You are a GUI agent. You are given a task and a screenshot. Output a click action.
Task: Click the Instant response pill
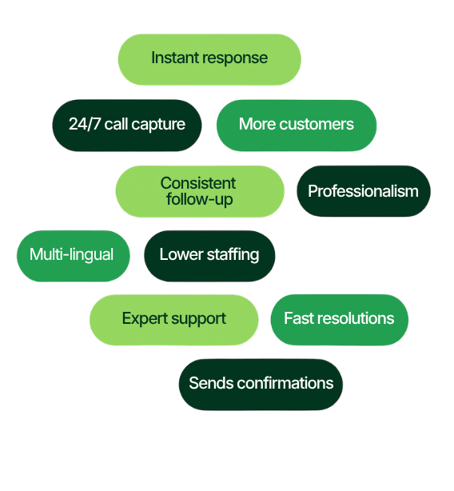coord(209,59)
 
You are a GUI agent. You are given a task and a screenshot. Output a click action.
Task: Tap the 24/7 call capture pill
coord(127,126)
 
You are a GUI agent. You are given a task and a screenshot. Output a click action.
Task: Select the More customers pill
coord(297,126)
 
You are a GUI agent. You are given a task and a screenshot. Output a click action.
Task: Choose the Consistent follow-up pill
coord(200,191)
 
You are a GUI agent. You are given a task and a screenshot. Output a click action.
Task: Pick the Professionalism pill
coord(364,191)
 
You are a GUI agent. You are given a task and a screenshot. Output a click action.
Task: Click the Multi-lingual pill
coord(74,256)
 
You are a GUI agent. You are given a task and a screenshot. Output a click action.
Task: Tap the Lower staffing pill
coord(209,256)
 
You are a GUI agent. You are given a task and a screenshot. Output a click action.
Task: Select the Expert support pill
coord(174,320)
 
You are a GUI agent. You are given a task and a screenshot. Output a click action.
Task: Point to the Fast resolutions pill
coord(339,320)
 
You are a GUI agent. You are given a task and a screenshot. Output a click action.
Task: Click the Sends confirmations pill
coord(261,385)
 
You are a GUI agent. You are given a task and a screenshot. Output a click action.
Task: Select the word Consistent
coord(198,183)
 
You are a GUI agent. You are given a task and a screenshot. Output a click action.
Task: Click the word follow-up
coord(200,200)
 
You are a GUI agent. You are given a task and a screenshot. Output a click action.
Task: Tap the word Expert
coord(145,319)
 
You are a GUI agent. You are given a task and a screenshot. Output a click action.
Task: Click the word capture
coord(158,125)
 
